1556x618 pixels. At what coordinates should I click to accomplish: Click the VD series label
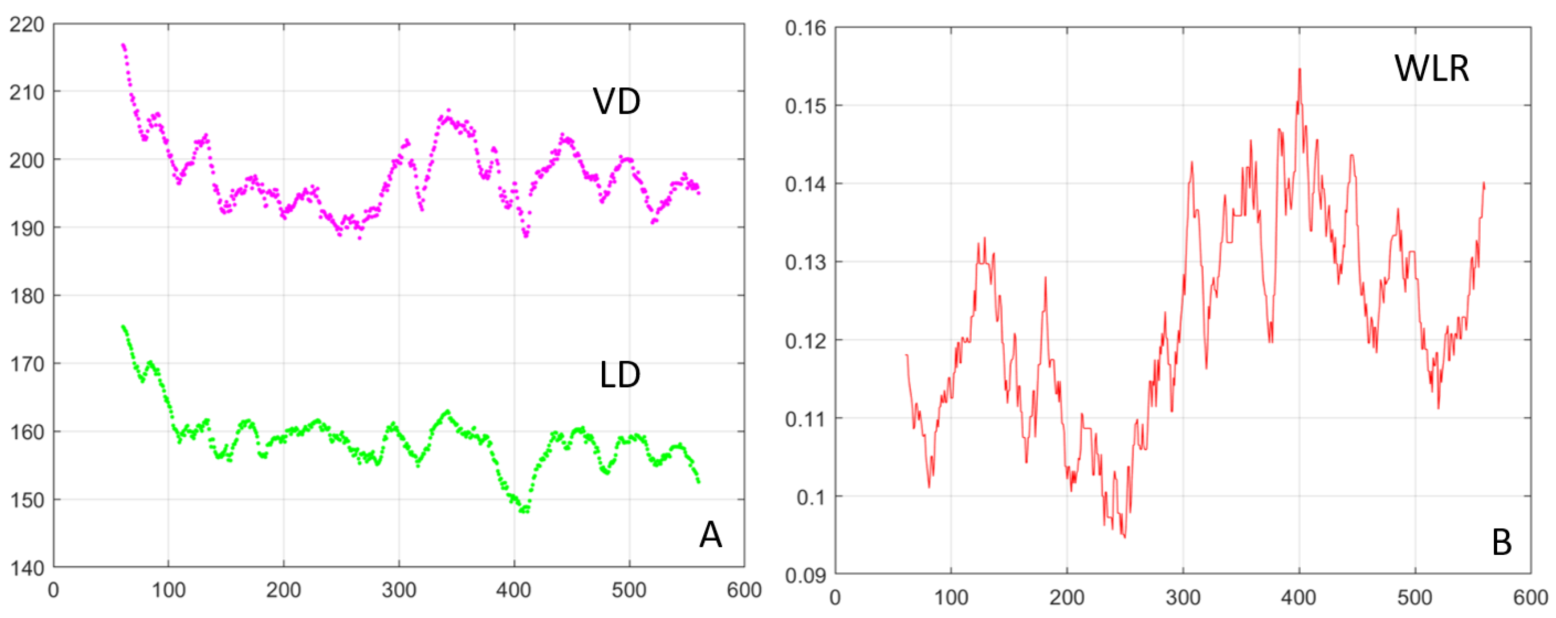[x=616, y=101]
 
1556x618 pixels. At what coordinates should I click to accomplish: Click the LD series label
[x=620, y=375]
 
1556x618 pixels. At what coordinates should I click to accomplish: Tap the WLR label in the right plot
[x=1432, y=68]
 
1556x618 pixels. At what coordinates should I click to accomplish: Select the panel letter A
[x=710, y=534]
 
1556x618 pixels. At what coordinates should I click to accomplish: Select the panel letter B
[x=1502, y=542]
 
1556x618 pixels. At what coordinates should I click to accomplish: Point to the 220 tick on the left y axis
[x=27, y=25]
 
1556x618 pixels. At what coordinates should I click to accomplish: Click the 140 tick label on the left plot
[x=27, y=568]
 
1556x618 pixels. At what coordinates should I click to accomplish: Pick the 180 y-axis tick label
[x=27, y=296]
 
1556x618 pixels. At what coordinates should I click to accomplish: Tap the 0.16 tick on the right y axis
[x=805, y=28]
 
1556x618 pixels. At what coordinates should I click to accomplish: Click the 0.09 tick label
[x=805, y=575]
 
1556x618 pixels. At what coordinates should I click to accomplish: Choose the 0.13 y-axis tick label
[x=805, y=263]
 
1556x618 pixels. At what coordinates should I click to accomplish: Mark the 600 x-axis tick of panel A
[x=744, y=590]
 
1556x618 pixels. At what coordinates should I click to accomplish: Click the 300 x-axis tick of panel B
[x=1183, y=598]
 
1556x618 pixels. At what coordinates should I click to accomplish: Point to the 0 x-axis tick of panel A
[x=54, y=590]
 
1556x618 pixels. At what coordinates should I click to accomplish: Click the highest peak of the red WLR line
[x=1299, y=69]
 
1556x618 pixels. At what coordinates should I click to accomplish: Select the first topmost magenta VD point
[x=122, y=45]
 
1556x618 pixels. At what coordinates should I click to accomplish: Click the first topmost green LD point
[x=122, y=327]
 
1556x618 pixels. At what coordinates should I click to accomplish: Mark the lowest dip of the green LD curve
[x=523, y=511]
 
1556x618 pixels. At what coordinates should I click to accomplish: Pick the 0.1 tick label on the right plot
[x=809, y=497]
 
